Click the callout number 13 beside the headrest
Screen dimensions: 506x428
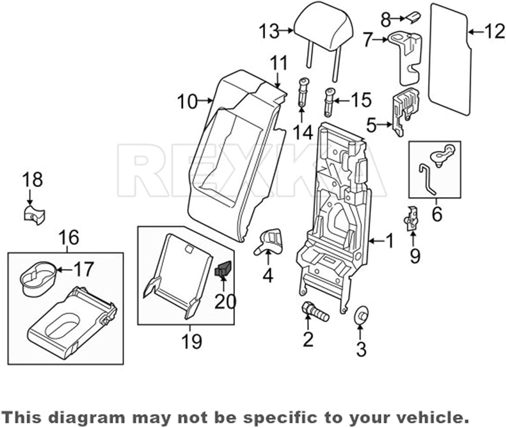tap(269, 31)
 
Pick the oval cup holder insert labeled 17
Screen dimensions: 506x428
tap(38, 278)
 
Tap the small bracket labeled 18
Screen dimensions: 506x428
tap(34, 214)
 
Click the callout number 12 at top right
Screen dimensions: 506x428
tap(494, 31)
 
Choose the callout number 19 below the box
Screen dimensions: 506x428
tap(192, 342)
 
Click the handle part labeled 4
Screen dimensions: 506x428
tap(269, 242)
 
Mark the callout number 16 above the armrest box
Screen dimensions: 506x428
tap(69, 238)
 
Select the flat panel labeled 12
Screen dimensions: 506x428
tap(450, 59)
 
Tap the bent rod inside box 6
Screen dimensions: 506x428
tap(427, 180)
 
